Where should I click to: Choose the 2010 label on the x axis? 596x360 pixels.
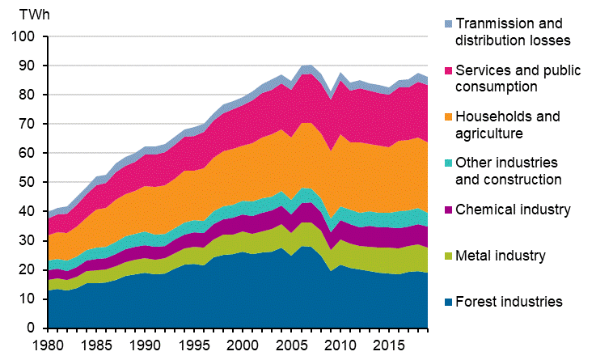tap(349, 345)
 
